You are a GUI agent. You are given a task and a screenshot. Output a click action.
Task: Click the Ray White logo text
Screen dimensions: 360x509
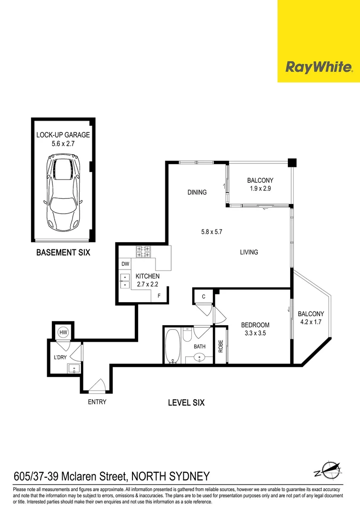pos(319,67)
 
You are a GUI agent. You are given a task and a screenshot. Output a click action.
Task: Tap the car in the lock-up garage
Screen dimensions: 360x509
pos(63,192)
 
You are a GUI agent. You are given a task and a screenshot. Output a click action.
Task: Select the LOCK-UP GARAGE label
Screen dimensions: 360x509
pos(63,135)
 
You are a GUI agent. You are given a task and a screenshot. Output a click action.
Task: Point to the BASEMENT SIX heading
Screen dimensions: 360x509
pos(63,252)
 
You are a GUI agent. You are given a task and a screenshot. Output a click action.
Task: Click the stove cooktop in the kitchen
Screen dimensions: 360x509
pos(143,252)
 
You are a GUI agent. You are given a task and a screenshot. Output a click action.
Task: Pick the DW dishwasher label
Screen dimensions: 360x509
pos(125,264)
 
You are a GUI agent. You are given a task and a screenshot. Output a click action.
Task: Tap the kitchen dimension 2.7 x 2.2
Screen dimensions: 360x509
pos(147,284)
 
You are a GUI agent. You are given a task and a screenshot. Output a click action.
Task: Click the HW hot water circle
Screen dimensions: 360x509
pos(63,332)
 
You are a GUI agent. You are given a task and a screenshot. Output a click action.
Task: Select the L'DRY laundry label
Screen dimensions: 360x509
pos(60,357)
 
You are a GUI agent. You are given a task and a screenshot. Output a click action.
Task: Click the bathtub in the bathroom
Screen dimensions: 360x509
pos(172,346)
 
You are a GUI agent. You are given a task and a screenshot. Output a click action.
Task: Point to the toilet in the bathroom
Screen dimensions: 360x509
pos(187,335)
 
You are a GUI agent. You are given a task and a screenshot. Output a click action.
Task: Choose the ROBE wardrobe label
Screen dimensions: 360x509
pos(221,346)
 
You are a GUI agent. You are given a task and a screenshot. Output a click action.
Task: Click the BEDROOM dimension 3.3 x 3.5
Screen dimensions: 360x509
pos(255,333)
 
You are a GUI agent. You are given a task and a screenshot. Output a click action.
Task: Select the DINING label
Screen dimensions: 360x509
pos(197,192)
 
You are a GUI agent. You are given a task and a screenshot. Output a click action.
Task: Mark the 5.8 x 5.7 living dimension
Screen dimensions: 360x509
pos(212,232)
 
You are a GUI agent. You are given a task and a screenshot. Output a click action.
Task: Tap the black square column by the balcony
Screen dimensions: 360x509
pos(292,163)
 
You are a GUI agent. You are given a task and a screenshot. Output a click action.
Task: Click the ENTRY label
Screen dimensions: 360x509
pos(97,402)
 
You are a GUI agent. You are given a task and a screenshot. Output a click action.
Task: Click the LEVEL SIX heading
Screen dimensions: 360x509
pos(186,403)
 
